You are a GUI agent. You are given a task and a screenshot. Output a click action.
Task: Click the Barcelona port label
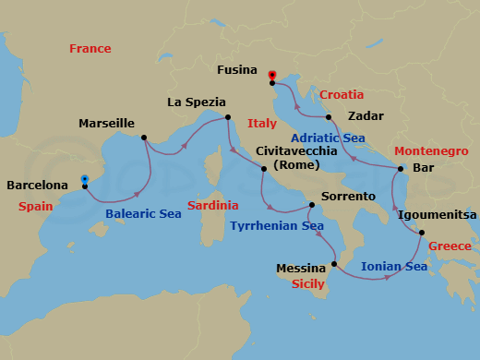tap(38, 185)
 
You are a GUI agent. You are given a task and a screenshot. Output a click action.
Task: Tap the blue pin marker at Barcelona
tap(84, 180)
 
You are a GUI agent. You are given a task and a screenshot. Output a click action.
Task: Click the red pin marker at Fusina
tap(271, 77)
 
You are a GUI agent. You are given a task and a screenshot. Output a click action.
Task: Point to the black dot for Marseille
tap(144, 138)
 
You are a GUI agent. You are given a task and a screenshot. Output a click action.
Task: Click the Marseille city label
tap(107, 124)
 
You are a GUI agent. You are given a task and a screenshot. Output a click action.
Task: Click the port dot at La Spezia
tap(228, 117)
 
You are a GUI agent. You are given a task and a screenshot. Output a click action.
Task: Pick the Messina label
tap(302, 269)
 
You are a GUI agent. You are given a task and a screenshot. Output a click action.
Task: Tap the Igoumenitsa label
tap(438, 214)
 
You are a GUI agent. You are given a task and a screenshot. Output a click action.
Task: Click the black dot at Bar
tap(400, 169)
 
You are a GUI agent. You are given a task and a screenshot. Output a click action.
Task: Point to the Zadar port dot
tap(329, 117)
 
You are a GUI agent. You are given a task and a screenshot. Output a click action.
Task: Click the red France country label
tap(89, 49)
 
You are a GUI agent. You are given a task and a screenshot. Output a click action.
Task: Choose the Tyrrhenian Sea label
tap(276, 225)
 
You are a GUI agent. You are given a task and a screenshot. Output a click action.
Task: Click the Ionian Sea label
tap(393, 266)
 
